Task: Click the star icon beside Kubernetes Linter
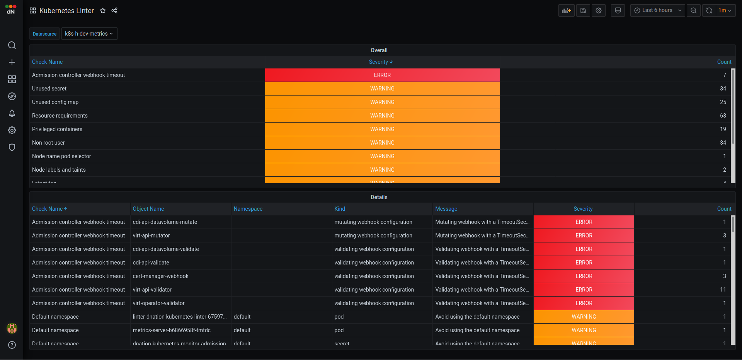tap(103, 11)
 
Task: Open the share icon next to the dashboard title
tap(114, 11)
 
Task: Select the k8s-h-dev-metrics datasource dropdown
tap(89, 34)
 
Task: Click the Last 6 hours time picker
tap(657, 10)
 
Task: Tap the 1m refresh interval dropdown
tap(725, 10)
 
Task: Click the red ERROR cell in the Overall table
tap(382, 75)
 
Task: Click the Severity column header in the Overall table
tap(380, 62)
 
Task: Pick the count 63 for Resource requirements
tap(723, 116)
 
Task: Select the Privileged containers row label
tap(57, 129)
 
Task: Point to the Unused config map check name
tap(55, 102)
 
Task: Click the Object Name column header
tap(148, 209)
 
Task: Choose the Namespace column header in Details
tap(248, 209)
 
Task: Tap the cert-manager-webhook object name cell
tap(161, 276)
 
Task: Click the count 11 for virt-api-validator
tap(723, 290)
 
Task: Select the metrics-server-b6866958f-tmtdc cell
tap(172, 330)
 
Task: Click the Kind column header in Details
tap(340, 209)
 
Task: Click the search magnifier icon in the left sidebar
tap(12, 45)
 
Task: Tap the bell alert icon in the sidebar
tap(12, 113)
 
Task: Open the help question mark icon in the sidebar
tap(12, 345)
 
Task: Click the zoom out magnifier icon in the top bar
tap(694, 10)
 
